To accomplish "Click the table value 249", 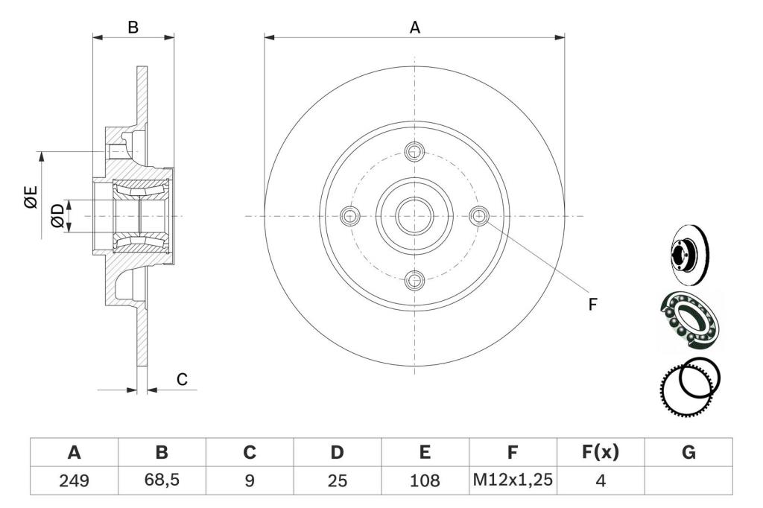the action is (x=74, y=480).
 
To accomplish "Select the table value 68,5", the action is (x=162, y=480).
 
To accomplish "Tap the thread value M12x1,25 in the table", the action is (x=513, y=480).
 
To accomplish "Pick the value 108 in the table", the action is (x=425, y=480).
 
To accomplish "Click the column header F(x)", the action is (x=601, y=452).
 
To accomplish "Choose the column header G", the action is (x=688, y=453).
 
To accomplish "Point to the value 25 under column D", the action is (x=338, y=480).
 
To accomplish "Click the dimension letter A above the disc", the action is (x=414, y=28).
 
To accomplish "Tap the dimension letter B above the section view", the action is (x=133, y=28).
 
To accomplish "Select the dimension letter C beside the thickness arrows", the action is (x=182, y=379).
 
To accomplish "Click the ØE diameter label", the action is (x=31, y=197).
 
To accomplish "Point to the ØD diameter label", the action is (x=57, y=215).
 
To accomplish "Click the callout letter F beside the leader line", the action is (x=592, y=305).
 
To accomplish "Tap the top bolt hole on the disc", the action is (x=414, y=151).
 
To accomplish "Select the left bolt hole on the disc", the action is (x=350, y=215).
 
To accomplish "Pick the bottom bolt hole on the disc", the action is (x=414, y=280).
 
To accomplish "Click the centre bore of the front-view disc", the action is (x=414, y=215).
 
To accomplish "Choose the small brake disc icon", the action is (x=689, y=255).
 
